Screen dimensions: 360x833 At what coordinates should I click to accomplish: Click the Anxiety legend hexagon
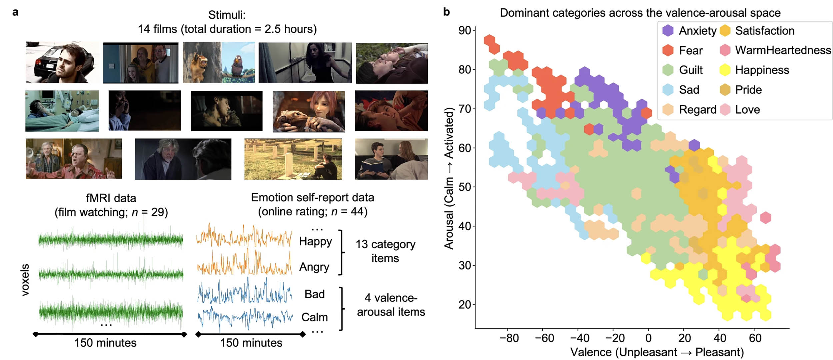pyautogui.click(x=668, y=31)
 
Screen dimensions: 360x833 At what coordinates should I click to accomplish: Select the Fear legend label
pyautogui.click(x=691, y=50)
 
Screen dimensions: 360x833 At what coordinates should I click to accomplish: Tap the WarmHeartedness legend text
pyautogui.click(x=783, y=50)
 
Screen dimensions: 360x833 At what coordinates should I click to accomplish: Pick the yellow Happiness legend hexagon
pyautogui.click(x=725, y=70)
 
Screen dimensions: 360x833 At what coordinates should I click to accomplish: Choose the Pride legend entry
pyautogui.click(x=748, y=90)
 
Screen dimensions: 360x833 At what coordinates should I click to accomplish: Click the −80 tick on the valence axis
pyautogui.click(x=509, y=338)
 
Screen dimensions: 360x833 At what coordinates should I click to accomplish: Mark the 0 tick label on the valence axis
pyautogui.click(x=648, y=338)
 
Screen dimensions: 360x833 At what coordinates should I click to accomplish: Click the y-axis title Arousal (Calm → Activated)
pyautogui.click(x=449, y=178)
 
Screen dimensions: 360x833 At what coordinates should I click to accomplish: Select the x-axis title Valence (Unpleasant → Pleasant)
pyautogui.click(x=657, y=352)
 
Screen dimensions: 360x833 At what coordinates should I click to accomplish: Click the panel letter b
pyautogui.click(x=446, y=12)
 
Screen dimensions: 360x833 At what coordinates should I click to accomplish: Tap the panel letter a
pyautogui.click(x=15, y=12)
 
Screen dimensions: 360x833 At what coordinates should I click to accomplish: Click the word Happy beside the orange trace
pyautogui.click(x=315, y=241)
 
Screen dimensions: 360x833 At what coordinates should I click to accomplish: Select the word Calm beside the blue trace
pyautogui.click(x=314, y=317)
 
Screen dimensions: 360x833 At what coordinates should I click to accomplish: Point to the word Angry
pyautogui.click(x=314, y=267)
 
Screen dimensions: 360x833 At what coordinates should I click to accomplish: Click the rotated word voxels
pyautogui.click(x=25, y=280)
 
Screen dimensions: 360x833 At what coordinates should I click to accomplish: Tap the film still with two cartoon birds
pyautogui.click(x=219, y=62)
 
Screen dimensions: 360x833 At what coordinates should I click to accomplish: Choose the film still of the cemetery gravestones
pyautogui.click(x=293, y=159)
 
